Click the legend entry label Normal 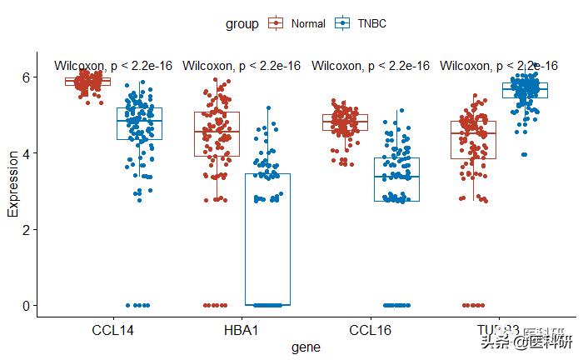tap(308, 24)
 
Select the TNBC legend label tap(372, 24)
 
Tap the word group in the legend tap(242, 24)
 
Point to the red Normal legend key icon tap(277, 24)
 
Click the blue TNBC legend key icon tap(341, 24)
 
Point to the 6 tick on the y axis tap(25, 77)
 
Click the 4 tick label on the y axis tap(25, 153)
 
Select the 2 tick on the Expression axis tap(25, 229)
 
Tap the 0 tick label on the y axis tap(25, 305)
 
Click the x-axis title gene tap(306, 347)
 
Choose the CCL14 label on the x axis tap(113, 331)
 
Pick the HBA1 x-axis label tap(242, 331)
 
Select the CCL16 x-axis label tap(370, 331)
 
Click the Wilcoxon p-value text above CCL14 tap(113, 66)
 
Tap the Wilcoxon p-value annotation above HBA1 tap(242, 66)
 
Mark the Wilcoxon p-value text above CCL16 tap(371, 66)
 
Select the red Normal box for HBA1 tap(217, 134)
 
